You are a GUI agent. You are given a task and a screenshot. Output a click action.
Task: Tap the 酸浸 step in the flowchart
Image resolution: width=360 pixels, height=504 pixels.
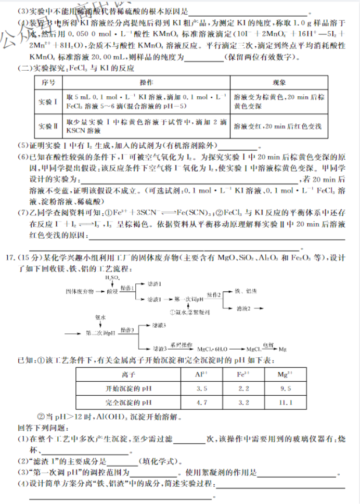pyautogui.click(x=112, y=292)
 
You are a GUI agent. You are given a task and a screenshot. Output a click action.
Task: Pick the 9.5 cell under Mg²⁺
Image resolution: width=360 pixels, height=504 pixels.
pyautogui.click(x=286, y=388)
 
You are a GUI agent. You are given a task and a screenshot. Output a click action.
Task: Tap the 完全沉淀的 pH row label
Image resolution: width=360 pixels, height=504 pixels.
pyautogui.click(x=127, y=402)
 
